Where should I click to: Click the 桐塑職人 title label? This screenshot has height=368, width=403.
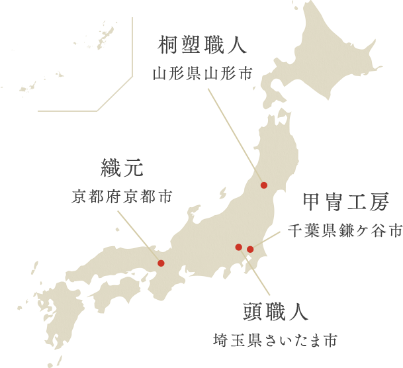(202, 46)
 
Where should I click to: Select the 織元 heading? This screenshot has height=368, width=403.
(122, 169)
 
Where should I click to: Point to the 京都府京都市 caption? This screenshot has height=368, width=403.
(122, 196)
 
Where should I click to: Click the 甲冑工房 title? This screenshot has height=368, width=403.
(345, 203)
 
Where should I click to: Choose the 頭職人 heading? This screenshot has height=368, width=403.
(275, 313)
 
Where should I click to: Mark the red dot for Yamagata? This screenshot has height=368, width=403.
(264, 185)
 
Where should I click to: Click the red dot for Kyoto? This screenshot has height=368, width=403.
(161, 263)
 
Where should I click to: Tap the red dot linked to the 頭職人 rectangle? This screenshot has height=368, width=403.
(239, 247)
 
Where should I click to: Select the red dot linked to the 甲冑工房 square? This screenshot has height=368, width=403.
(250, 250)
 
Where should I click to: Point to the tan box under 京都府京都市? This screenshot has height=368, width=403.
(139, 229)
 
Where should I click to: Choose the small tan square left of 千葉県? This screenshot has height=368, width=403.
(273, 240)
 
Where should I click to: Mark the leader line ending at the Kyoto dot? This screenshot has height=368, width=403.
(154, 255)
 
